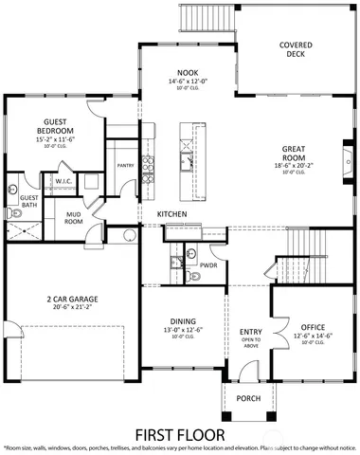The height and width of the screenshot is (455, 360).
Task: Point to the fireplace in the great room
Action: (345, 152)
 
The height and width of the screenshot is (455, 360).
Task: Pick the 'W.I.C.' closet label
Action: (64, 180)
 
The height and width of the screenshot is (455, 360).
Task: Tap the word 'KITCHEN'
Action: (171, 215)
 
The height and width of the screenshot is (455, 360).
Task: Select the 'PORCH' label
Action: (248, 398)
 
